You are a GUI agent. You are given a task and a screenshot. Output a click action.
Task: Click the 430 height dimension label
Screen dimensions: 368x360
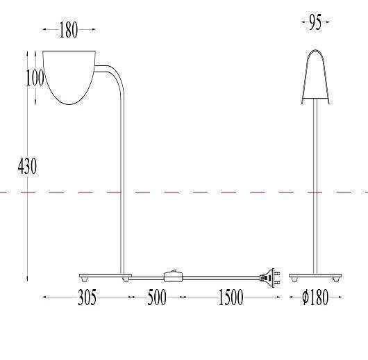pos(27,166)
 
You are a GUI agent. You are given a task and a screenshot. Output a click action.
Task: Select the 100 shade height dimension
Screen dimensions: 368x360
pos(35,78)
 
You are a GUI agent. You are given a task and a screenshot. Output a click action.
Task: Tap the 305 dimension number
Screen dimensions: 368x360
pos(87,297)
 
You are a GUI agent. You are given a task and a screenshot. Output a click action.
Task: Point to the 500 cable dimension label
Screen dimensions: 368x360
pos(157,297)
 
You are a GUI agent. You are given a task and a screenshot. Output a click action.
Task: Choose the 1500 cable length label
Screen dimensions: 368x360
pos(231,297)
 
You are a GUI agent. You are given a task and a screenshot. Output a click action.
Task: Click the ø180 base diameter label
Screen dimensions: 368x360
pos(315,297)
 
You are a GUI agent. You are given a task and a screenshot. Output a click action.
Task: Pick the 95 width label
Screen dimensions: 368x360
pos(315,22)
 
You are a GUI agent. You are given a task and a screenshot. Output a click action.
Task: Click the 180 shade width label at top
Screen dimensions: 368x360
pos(68,30)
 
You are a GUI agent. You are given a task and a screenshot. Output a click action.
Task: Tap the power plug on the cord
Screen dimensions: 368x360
pos(270,278)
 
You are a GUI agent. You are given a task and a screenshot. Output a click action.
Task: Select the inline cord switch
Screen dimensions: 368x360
pos(173,277)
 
